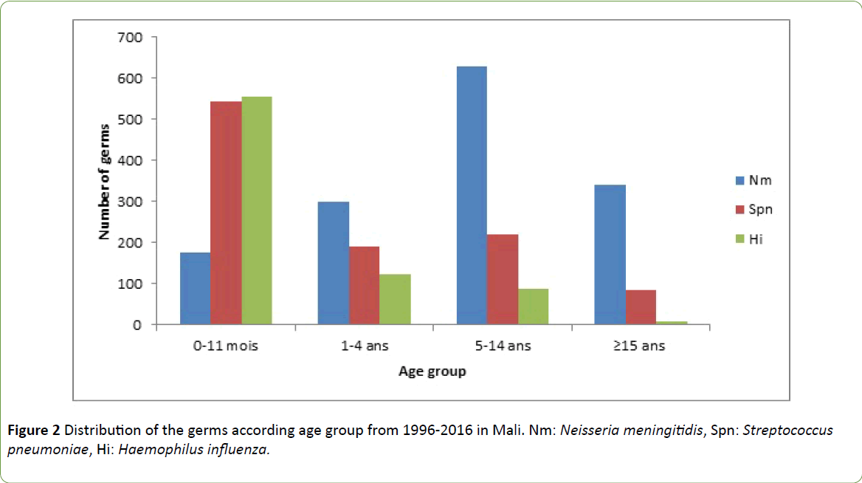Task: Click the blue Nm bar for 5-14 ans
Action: [471, 196]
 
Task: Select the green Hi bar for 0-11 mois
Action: [256, 210]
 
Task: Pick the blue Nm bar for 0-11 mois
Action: [195, 289]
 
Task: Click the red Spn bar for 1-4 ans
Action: [364, 285]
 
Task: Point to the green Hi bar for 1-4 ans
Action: [395, 299]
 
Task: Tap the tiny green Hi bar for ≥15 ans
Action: [671, 323]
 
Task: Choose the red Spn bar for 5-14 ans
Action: [502, 279]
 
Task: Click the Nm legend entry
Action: [751, 180]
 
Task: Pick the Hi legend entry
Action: [751, 239]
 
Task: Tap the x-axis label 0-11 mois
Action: [226, 346]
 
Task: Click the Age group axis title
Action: [432, 371]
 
